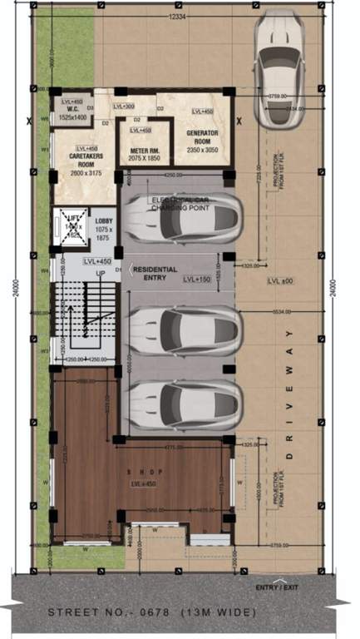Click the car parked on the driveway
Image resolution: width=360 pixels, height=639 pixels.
(x=280, y=67)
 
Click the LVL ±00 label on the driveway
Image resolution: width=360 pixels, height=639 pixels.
(x=279, y=282)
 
